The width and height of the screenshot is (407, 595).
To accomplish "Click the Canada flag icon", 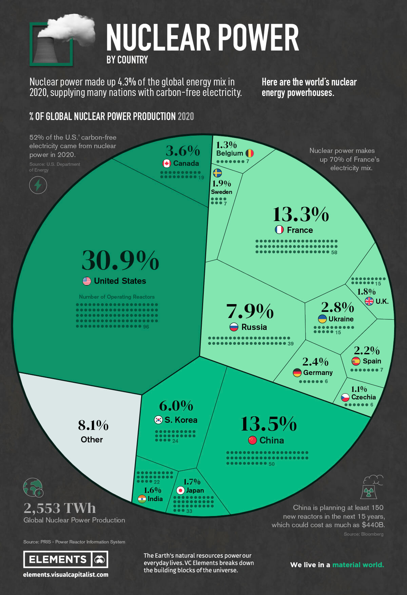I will coord(167,163).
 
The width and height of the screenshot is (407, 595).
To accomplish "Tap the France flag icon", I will coord(279,230).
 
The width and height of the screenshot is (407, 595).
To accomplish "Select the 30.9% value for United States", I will coord(120,260).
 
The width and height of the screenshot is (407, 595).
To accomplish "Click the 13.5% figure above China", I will coord(269,424).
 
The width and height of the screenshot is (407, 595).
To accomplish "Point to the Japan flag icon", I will coord(180,490).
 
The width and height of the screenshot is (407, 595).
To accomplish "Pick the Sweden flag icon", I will coord(217,173).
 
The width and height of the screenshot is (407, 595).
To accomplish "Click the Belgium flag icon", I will coord(250,153).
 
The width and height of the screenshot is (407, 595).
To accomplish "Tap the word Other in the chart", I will coord(92,439).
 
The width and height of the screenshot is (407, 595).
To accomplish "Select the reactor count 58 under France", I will coord(334,253).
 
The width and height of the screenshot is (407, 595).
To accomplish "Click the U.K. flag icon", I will coord(369,301).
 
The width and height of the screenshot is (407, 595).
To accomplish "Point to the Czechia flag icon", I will coord(345,397).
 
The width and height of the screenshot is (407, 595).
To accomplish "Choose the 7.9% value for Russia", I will coord(250,311).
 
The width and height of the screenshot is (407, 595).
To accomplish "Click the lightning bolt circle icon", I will coord(38,185).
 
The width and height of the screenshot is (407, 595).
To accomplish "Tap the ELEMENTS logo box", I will coord(65,559).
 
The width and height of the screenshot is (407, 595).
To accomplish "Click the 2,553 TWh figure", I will coord(60,508).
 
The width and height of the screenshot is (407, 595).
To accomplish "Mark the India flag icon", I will coord(142,499).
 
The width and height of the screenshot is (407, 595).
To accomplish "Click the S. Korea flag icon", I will coord(158,420).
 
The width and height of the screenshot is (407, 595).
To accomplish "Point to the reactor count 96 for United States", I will coord(146,327).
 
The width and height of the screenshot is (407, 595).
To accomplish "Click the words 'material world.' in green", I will coord(358,565).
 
